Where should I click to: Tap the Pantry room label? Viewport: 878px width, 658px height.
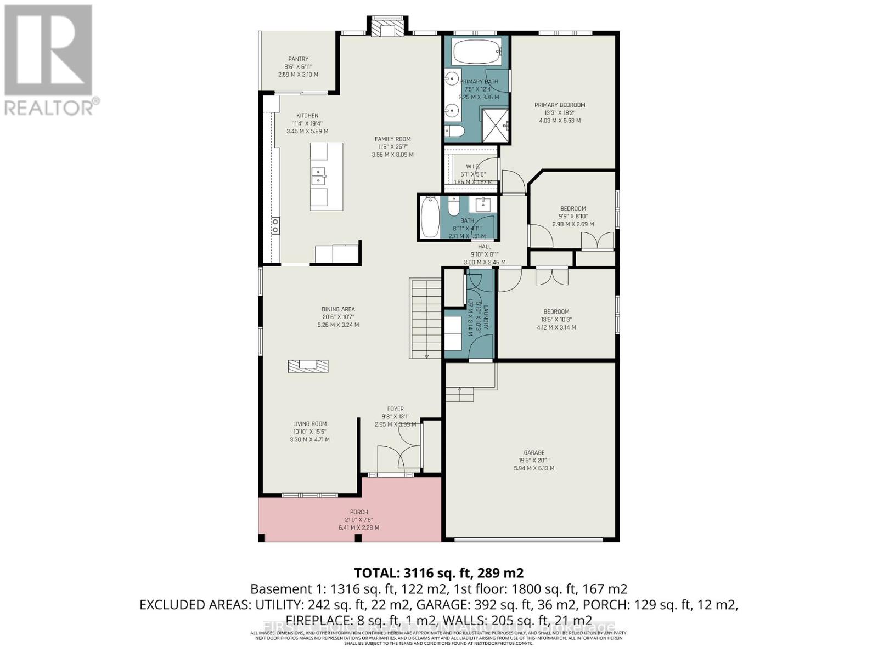(x=298, y=59)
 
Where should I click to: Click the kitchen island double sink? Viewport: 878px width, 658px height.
(x=318, y=176)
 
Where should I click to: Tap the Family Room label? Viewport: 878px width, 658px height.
(x=392, y=139)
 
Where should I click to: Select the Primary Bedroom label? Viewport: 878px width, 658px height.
(x=560, y=105)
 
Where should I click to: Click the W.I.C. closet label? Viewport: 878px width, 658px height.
(x=473, y=167)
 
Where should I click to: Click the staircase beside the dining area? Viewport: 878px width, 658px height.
(x=425, y=318)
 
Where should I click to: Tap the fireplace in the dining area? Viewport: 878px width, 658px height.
(x=308, y=366)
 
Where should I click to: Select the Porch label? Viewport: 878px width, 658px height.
(x=359, y=512)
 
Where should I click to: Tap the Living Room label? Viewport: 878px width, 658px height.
(x=310, y=424)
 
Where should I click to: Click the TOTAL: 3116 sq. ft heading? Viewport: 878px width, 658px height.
(x=438, y=573)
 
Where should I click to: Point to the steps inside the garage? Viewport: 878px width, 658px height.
(x=459, y=394)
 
